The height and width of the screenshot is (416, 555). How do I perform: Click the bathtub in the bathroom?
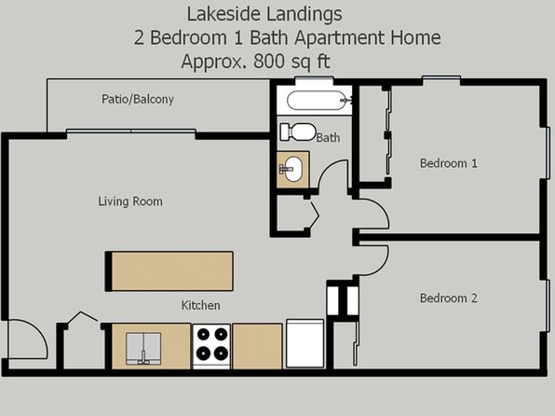click(317, 101)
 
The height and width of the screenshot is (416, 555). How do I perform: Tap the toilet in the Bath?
click(298, 132)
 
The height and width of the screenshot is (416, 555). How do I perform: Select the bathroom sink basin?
click(292, 169)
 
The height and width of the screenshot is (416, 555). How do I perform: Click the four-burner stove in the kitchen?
click(211, 346)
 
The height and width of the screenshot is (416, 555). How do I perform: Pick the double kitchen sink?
click(143, 348)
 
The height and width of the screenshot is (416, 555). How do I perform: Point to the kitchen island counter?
click(169, 271)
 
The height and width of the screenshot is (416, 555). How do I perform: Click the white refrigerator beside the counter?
click(305, 343)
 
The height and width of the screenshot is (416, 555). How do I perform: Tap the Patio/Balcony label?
click(138, 99)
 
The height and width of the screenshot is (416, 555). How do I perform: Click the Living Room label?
click(130, 201)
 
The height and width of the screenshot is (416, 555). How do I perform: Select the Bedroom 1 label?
click(449, 163)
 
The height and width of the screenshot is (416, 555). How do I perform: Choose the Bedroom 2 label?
click(449, 298)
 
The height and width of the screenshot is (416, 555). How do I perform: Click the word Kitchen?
click(201, 305)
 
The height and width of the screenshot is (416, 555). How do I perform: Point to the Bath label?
click(328, 138)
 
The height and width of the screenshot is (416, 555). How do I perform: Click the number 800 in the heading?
click(269, 61)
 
